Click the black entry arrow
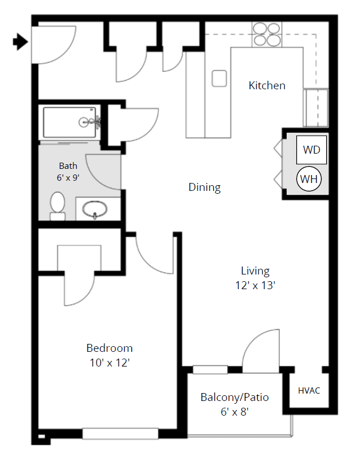coord(20,42)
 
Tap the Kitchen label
coord(267,86)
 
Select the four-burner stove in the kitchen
coord(267,34)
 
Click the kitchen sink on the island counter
coord(219,78)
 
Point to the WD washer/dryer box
coord(311,150)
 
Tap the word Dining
coord(204,187)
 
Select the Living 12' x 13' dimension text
coord(255,286)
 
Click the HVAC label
coord(309,391)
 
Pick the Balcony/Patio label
coord(234,398)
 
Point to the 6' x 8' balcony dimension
coord(234,412)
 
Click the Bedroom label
coord(109,348)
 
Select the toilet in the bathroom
coord(58,206)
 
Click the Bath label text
coord(68,166)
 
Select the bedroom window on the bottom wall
coord(120,434)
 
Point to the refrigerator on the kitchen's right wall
coord(316,107)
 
